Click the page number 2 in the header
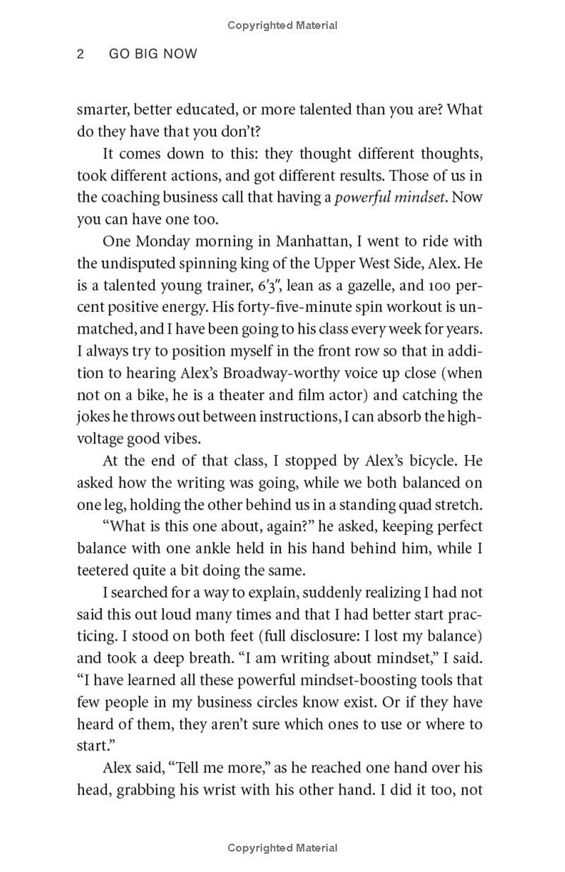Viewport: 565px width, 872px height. pyautogui.click(x=81, y=54)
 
